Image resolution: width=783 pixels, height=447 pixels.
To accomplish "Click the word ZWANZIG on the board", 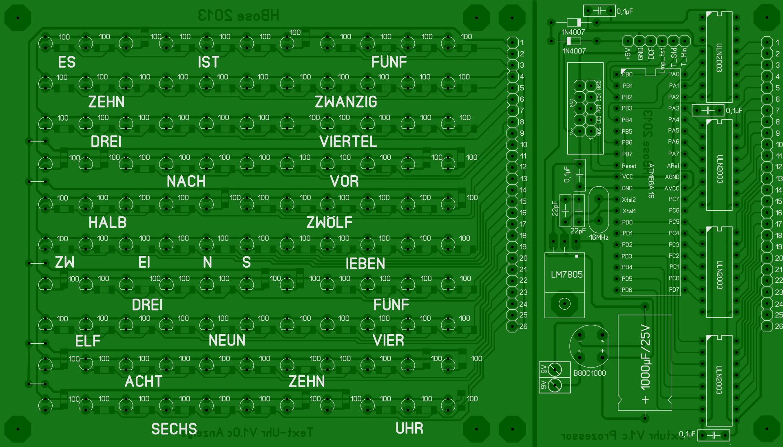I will pyautogui.click(x=346, y=102).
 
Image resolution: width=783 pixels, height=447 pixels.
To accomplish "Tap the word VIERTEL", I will pyautogui.click(x=348, y=142).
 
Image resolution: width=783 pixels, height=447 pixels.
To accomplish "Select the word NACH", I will pyautogui.click(x=186, y=181).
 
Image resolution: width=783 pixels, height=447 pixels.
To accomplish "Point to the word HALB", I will pyautogui.click(x=107, y=222).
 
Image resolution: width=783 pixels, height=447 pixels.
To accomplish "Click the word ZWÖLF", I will pyautogui.click(x=329, y=222).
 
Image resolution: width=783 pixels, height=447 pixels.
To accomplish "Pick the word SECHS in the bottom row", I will pyautogui.click(x=174, y=429).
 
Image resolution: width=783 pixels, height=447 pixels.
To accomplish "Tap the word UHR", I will pyautogui.click(x=409, y=428).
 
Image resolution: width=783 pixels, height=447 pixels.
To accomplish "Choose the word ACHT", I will pyautogui.click(x=143, y=381).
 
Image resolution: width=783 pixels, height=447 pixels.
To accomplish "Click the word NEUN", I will pyautogui.click(x=227, y=340).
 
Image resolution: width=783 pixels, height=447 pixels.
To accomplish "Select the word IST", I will pyautogui.click(x=208, y=62).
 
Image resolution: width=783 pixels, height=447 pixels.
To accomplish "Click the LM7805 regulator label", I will pyautogui.click(x=566, y=275).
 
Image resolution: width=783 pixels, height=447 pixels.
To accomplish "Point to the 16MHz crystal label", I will pyautogui.click(x=599, y=237).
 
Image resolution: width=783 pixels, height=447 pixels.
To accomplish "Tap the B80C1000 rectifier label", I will pyautogui.click(x=589, y=373).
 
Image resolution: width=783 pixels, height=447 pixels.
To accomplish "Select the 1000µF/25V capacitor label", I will pyautogui.click(x=645, y=357).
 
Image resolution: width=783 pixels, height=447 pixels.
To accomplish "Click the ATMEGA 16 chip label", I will pyautogui.click(x=651, y=181).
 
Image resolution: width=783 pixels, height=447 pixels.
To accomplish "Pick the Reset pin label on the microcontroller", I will pyautogui.click(x=629, y=166).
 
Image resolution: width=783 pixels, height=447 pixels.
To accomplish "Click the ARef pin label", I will pyautogui.click(x=673, y=166).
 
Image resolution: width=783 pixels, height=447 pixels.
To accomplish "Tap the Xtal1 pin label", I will pyautogui.click(x=629, y=211).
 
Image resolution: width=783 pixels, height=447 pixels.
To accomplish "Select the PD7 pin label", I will pyautogui.click(x=674, y=290).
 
